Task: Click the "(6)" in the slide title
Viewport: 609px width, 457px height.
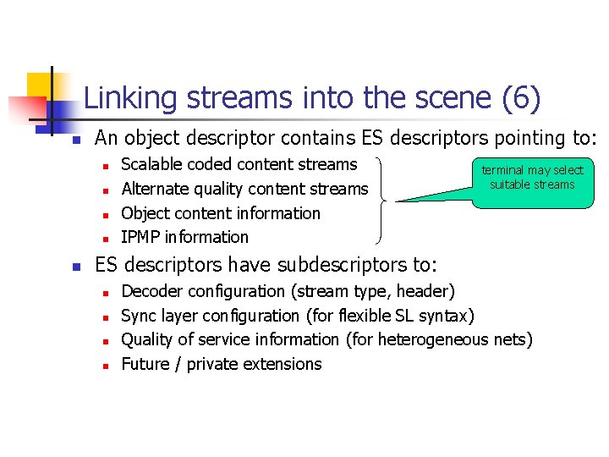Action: [520, 99]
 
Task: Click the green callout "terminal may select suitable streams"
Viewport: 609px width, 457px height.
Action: [533, 178]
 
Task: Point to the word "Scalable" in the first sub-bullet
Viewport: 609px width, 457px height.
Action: [152, 164]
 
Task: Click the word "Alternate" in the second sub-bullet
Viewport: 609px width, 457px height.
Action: [156, 189]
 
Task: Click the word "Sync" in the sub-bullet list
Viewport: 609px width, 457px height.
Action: [138, 316]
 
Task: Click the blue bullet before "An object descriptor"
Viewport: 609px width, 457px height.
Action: [75, 139]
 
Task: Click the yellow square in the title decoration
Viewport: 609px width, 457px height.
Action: [40, 85]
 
